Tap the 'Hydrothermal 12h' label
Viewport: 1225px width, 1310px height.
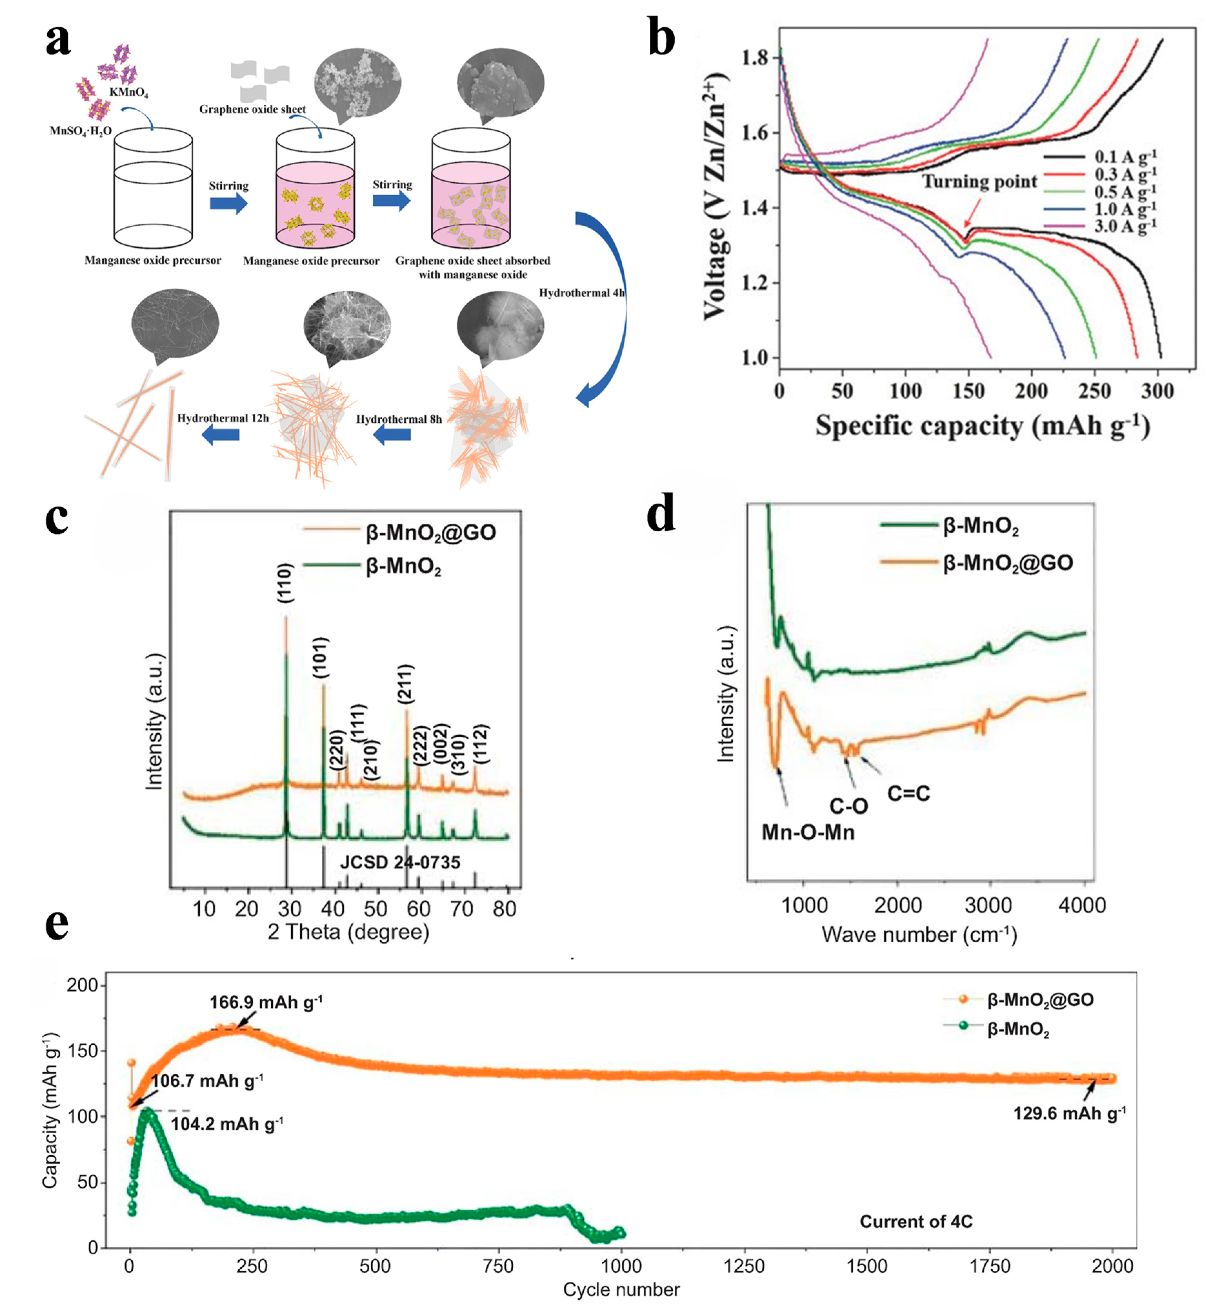[x=223, y=418]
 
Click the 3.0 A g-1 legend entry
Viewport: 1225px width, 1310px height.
[x=1125, y=227]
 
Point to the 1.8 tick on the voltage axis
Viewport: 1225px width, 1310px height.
[x=754, y=58]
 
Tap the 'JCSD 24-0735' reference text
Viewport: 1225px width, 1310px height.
[x=400, y=862]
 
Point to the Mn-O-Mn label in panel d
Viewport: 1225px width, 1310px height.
[x=808, y=832]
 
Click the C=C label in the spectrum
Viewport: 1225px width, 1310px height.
[x=908, y=794]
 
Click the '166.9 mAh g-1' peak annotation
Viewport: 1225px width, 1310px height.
[x=266, y=1002]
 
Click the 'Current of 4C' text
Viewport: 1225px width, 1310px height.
[x=916, y=1221]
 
